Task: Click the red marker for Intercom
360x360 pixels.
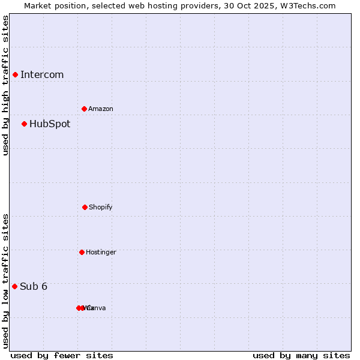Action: [x=15, y=74]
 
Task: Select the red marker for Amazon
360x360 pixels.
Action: [x=84, y=109]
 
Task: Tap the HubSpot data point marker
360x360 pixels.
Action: [x=24, y=124]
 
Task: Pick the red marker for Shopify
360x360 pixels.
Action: [x=85, y=207]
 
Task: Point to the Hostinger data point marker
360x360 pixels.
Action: [x=82, y=252]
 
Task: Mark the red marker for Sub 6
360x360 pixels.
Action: [x=14, y=286]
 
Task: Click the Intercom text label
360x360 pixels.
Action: [x=42, y=75]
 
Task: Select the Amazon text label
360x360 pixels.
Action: [x=101, y=109]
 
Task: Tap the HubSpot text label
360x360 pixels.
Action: [x=50, y=124]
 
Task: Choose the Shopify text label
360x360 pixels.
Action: [x=101, y=208]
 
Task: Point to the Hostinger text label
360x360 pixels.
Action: [x=101, y=253]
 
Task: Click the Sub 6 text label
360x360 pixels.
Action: [x=34, y=287]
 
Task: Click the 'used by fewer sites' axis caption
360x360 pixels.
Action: [x=62, y=356]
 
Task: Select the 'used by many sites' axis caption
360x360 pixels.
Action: [x=301, y=356]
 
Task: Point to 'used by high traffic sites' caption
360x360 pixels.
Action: [x=5, y=85]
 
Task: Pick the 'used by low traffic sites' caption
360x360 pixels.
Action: [x=5, y=281]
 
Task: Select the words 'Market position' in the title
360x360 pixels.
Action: [x=53, y=6]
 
